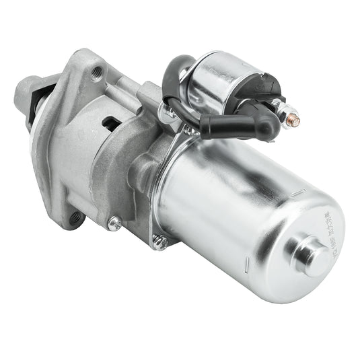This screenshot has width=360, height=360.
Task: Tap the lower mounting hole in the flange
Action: point(75,217)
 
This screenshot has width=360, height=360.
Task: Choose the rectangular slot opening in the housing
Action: point(110,122)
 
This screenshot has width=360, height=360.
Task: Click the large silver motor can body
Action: point(229,215)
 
